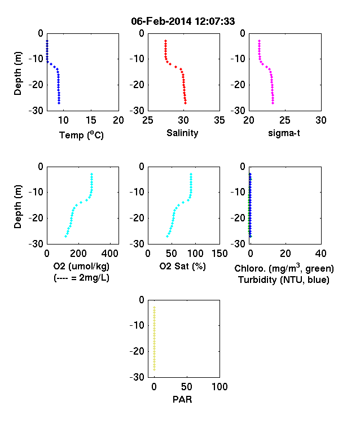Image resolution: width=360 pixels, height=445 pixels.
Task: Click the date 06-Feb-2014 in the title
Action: (x=161, y=21)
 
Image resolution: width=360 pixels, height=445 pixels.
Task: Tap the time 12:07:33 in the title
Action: (x=215, y=21)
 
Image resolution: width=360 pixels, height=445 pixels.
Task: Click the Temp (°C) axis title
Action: (x=81, y=135)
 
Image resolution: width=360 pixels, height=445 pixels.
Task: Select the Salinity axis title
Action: (x=182, y=133)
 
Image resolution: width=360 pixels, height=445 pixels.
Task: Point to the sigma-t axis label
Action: (x=284, y=133)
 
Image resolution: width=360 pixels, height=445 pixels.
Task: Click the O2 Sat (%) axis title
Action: (x=182, y=266)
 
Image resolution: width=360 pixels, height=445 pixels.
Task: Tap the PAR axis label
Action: (x=182, y=400)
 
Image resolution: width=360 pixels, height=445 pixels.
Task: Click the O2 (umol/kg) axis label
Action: (x=81, y=266)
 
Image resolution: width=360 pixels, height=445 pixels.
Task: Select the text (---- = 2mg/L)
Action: (x=81, y=277)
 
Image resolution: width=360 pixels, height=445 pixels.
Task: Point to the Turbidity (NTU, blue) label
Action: (x=284, y=280)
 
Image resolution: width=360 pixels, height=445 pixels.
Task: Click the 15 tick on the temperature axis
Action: (x=91, y=120)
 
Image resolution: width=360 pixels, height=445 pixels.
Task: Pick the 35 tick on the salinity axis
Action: (x=219, y=120)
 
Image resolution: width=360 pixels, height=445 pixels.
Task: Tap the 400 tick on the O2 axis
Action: (x=110, y=254)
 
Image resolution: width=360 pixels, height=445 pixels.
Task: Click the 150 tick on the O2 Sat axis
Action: (x=219, y=254)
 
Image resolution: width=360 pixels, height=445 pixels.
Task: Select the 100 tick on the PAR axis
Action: (x=219, y=387)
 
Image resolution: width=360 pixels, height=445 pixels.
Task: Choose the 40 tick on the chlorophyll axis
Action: (x=321, y=254)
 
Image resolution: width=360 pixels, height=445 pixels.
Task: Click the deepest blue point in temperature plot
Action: (x=59, y=103)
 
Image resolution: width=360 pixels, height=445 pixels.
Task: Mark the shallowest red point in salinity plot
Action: (x=165, y=41)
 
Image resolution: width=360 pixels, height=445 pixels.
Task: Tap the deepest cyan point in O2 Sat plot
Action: (x=167, y=236)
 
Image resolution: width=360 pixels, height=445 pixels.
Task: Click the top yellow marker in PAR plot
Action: (x=155, y=307)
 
